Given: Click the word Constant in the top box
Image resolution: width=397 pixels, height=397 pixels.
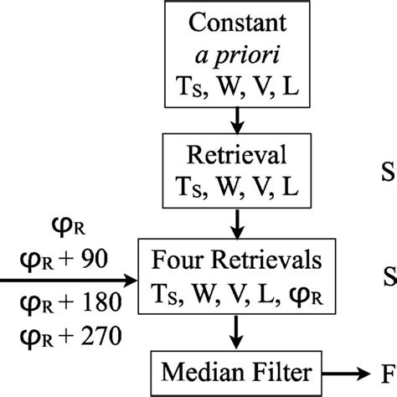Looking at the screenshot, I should click(238, 23).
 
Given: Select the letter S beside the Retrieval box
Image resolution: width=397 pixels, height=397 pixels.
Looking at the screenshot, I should click(389, 173).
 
